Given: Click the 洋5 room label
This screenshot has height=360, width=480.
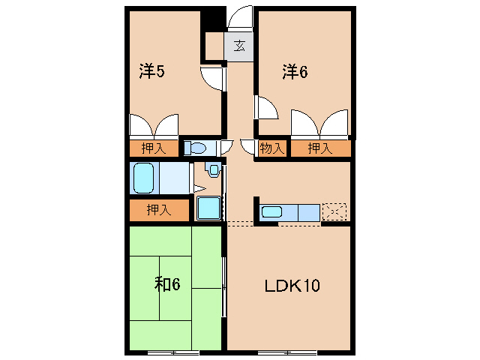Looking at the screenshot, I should pos(151,71).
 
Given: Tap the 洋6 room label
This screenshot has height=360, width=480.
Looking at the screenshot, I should pos(295,71).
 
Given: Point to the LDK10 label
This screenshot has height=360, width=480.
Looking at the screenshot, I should pos(292,286).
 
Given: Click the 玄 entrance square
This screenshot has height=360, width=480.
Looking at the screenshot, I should pos(238,46).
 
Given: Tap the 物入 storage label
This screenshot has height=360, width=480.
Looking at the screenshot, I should pos(271,148).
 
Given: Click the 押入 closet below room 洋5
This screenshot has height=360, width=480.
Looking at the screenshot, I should pos(154,148).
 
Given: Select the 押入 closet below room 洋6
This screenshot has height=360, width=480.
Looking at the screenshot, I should pos(320,148).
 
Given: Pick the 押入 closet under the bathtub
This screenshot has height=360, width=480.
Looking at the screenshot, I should pos(159,211).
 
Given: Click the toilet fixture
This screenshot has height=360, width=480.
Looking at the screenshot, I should pos(196,148).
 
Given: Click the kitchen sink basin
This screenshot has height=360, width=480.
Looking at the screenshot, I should pos(271,211).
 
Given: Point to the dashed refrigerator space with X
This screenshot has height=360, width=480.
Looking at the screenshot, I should pos(334,212).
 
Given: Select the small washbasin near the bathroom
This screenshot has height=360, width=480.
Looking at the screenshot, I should pos(214,170).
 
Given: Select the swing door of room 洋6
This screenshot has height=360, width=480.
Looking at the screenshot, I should pos(266,107).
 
